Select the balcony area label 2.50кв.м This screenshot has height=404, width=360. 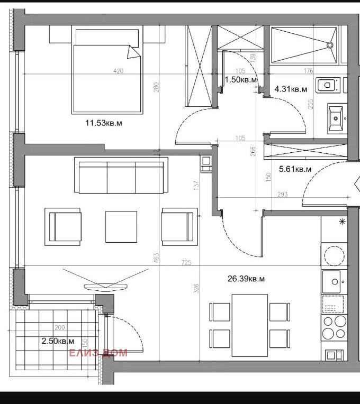[x=58, y=341]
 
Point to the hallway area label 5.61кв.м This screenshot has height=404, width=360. [x=295, y=169]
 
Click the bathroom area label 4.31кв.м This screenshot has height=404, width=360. [x=291, y=89]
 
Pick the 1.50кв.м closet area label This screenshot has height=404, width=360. [x=241, y=79]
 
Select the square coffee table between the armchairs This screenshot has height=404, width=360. [x=121, y=226]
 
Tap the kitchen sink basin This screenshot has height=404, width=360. [x=332, y=283]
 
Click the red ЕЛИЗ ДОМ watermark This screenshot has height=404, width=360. [x=98, y=353]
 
